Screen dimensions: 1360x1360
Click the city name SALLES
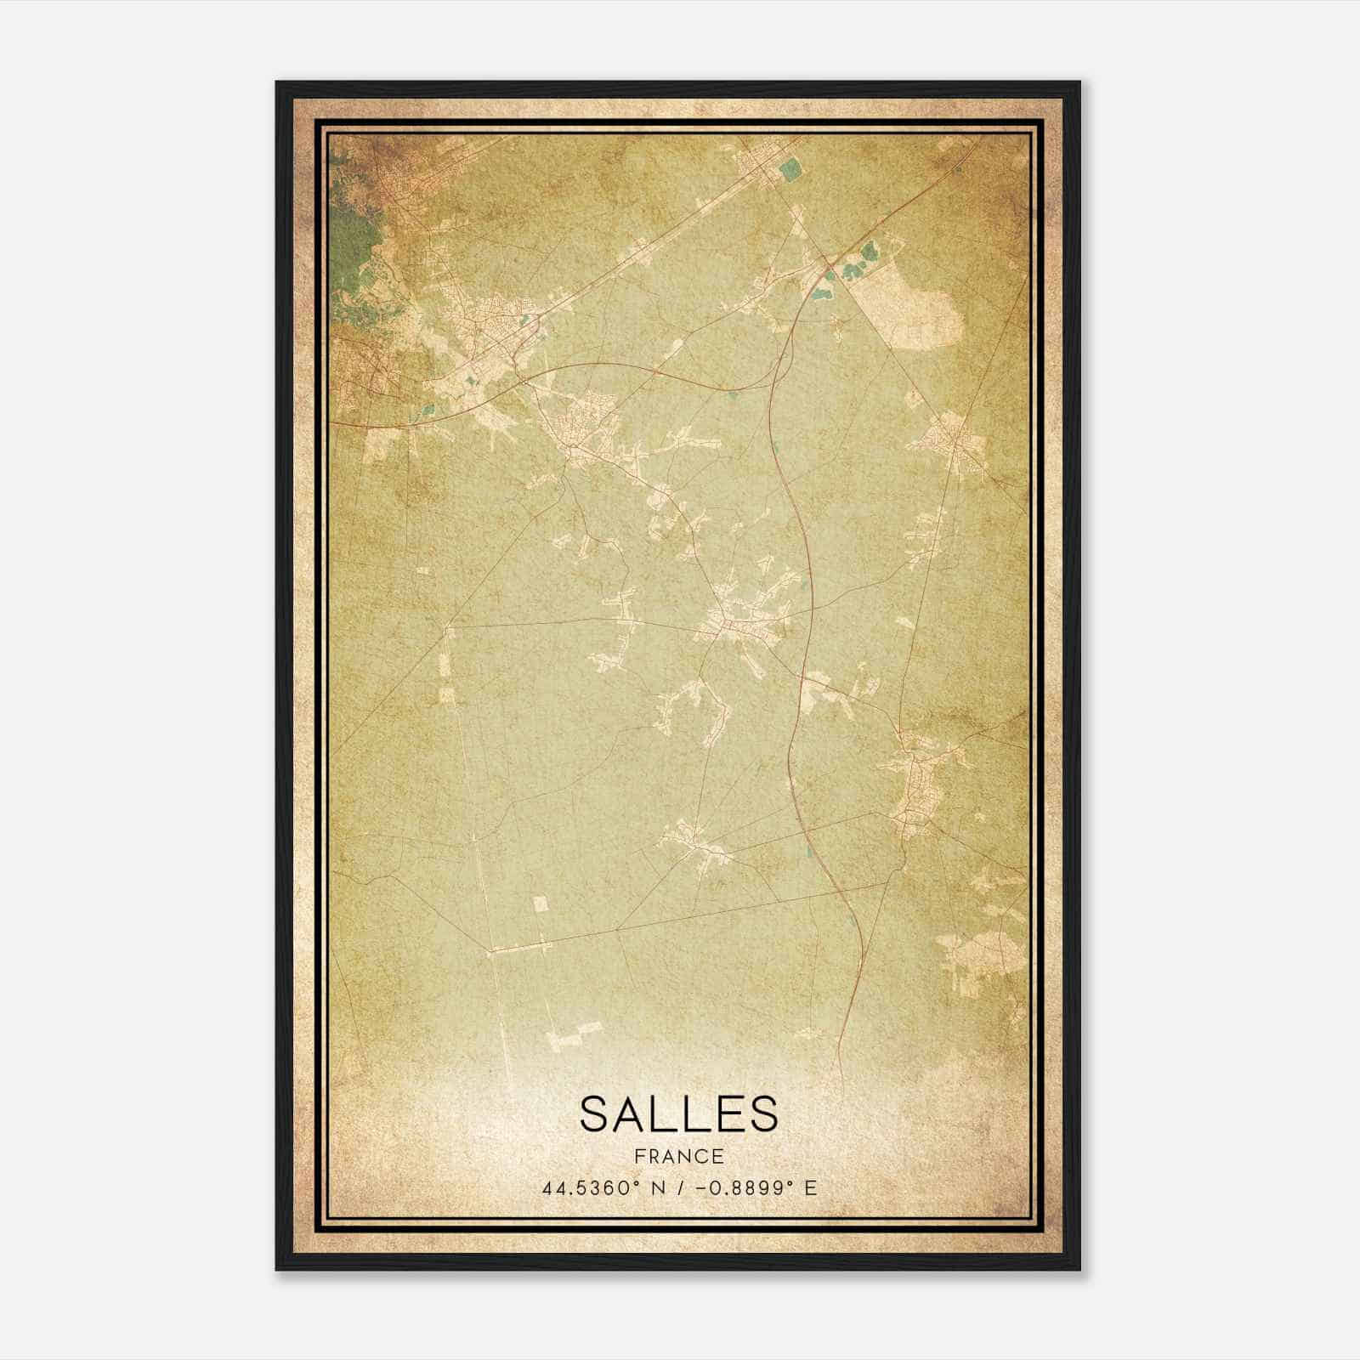click(x=678, y=1113)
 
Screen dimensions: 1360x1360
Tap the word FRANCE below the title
click(x=678, y=1156)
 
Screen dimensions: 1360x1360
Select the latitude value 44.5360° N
click(x=593, y=1187)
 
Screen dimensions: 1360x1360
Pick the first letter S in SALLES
click(x=594, y=1113)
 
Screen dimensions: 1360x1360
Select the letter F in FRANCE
click(x=637, y=1156)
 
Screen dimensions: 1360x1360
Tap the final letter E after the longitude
click(x=811, y=1187)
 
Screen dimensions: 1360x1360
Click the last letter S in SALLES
click(x=764, y=1113)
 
